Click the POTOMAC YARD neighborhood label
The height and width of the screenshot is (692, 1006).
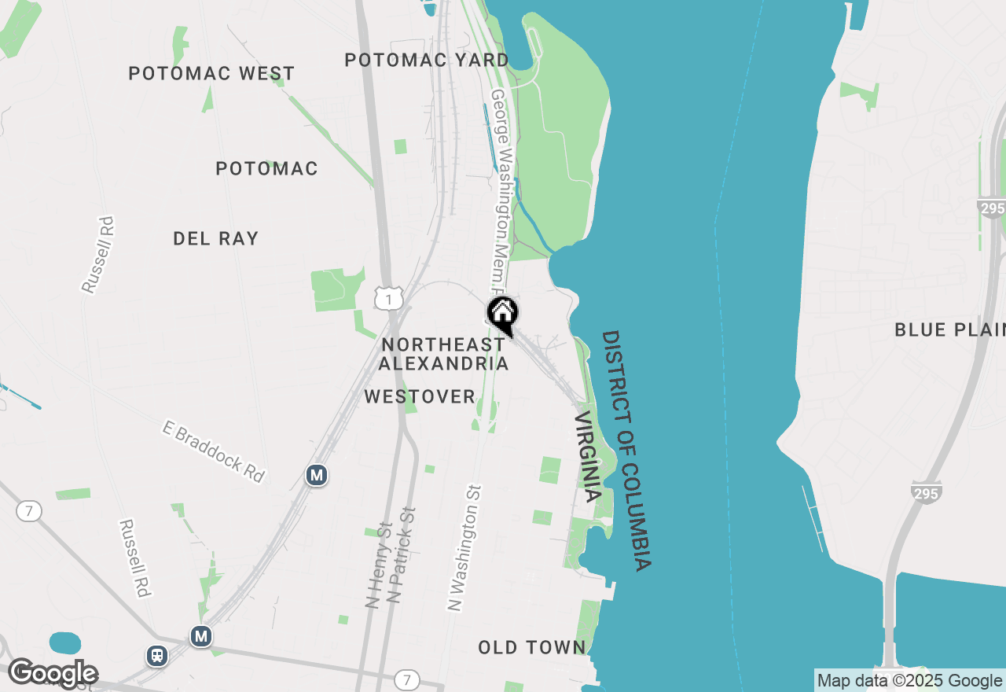(x=427, y=60)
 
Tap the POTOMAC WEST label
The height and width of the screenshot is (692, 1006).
(x=211, y=73)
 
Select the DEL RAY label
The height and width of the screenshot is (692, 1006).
(x=215, y=238)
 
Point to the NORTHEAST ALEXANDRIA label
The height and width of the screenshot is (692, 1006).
(x=443, y=354)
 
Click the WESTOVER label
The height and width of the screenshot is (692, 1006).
(x=420, y=397)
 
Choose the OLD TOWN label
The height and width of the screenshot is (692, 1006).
(x=532, y=647)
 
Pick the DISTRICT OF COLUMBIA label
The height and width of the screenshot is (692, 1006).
(x=626, y=450)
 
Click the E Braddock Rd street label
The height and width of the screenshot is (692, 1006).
(x=214, y=451)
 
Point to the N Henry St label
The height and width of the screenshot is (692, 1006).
(x=379, y=565)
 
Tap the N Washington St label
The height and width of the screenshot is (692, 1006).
(x=464, y=547)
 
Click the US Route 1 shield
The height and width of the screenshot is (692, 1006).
(x=388, y=298)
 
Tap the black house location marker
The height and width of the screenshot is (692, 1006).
(x=503, y=314)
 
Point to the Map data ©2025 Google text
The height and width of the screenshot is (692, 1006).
(x=909, y=681)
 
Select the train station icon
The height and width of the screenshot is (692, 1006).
(x=157, y=655)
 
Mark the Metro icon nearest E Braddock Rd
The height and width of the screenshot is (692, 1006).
(x=316, y=475)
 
